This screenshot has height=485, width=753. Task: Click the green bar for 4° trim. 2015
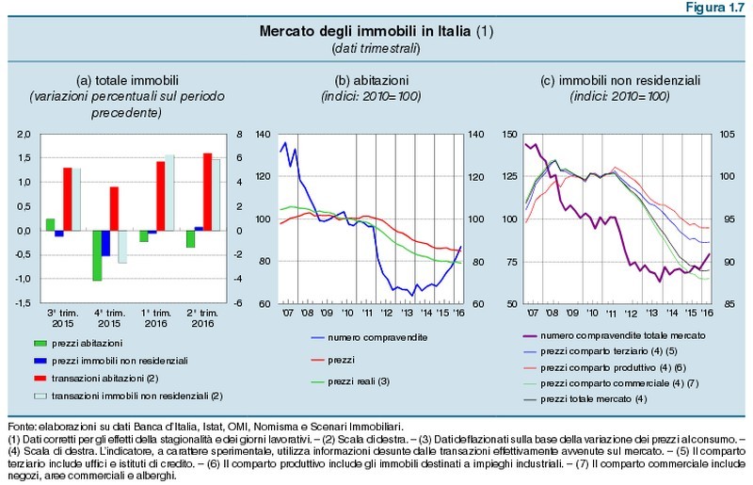[x=98, y=255]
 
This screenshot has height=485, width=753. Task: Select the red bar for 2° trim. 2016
[x=207, y=191]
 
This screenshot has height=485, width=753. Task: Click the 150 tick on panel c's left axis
[x=509, y=135]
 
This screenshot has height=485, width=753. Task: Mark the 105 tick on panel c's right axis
[x=732, y=135]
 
